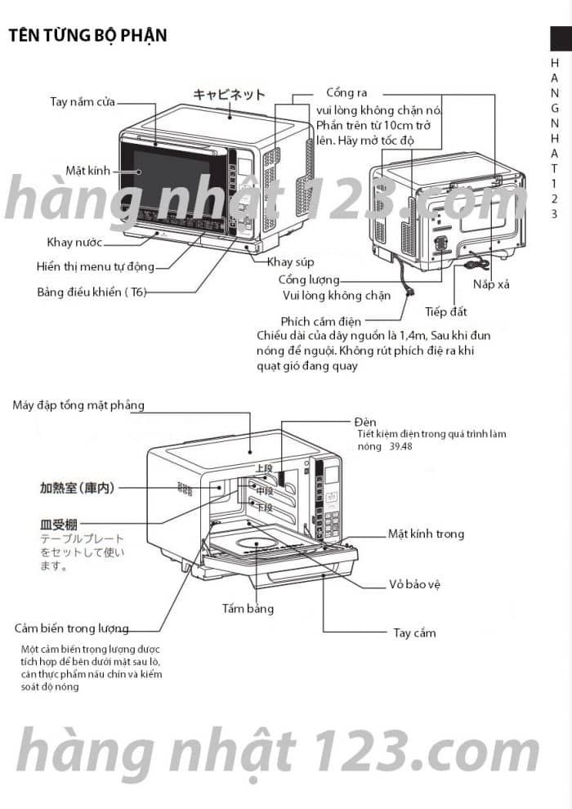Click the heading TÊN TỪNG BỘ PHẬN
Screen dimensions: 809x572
point(87,35)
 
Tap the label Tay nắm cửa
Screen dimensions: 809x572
point(82,102)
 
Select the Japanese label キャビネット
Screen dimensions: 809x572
point(229,95)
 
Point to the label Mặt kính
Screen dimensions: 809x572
point(87,171)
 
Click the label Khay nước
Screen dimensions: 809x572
point(74,242)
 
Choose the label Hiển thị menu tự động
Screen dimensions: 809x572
point(95,266)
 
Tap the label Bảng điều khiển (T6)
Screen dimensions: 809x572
point(92,292)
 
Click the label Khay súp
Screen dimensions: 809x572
point(291,261)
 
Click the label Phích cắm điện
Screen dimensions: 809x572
point(320,321)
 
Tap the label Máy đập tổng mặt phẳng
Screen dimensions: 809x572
point(78,405)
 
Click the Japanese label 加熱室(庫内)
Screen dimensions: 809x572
point(77,488)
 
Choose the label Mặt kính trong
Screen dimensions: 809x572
point(426,534)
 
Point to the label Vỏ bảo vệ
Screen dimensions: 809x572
point(415,585)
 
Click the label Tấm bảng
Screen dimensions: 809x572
point(248,608)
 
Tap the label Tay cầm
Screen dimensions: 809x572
point(414,632)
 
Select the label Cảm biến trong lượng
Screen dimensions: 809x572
point(72,628)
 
